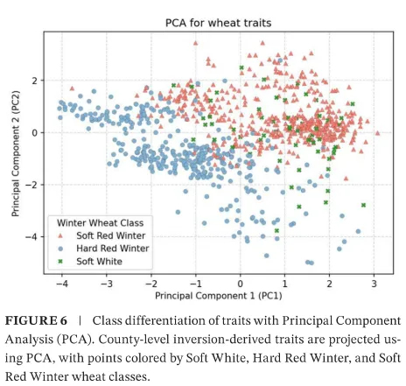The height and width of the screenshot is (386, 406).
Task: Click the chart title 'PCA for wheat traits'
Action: pyautogui.click(x=218, y=23)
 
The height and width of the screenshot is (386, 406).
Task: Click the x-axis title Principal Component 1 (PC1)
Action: pyautogui.click(x=219, y=296)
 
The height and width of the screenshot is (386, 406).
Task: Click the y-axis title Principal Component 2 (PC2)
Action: pyautogui.click(x=15, y=153)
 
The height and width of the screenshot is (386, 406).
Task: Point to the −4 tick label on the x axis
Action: pyautogui.click(x=62, y=284)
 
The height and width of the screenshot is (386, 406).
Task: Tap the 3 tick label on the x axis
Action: pyautogui.click(x=374, y=284)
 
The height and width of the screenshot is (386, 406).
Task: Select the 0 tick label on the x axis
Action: pyautogui.click(x=240, y=284)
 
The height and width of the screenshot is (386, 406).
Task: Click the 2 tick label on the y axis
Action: pyautogui.click(x=35, y=81)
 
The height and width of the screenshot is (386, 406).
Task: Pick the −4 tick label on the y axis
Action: pyautogui.click(x=31, y=236)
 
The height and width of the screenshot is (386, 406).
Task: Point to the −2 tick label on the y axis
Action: pyautogui.click(x=31, y=185)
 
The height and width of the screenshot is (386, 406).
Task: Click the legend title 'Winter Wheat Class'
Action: pyautogui.click(x=100, y=223)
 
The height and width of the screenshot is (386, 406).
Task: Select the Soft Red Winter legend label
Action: pyautogui.click(x=111, y=235)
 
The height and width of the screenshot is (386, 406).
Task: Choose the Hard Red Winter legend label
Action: pyautogui.click(x=113, y=249)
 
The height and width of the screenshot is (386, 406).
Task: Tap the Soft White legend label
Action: pyautogui.click(x=99, y=262)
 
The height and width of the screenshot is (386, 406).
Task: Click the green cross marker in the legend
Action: pyautogui.click(x=60, y=262)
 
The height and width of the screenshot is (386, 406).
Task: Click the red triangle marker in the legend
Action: pyautogui.click(x=60, y=235)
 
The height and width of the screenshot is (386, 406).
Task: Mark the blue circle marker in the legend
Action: pyautogui.click(x=60, y=249)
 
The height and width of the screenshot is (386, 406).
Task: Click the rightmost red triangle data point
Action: pyautogui.click(x=377, y=133)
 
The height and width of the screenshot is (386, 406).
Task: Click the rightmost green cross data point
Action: pyautogui.click(x=363, y=205)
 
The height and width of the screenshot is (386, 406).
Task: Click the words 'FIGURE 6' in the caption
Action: pyautogui.click(x=36, y=321)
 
